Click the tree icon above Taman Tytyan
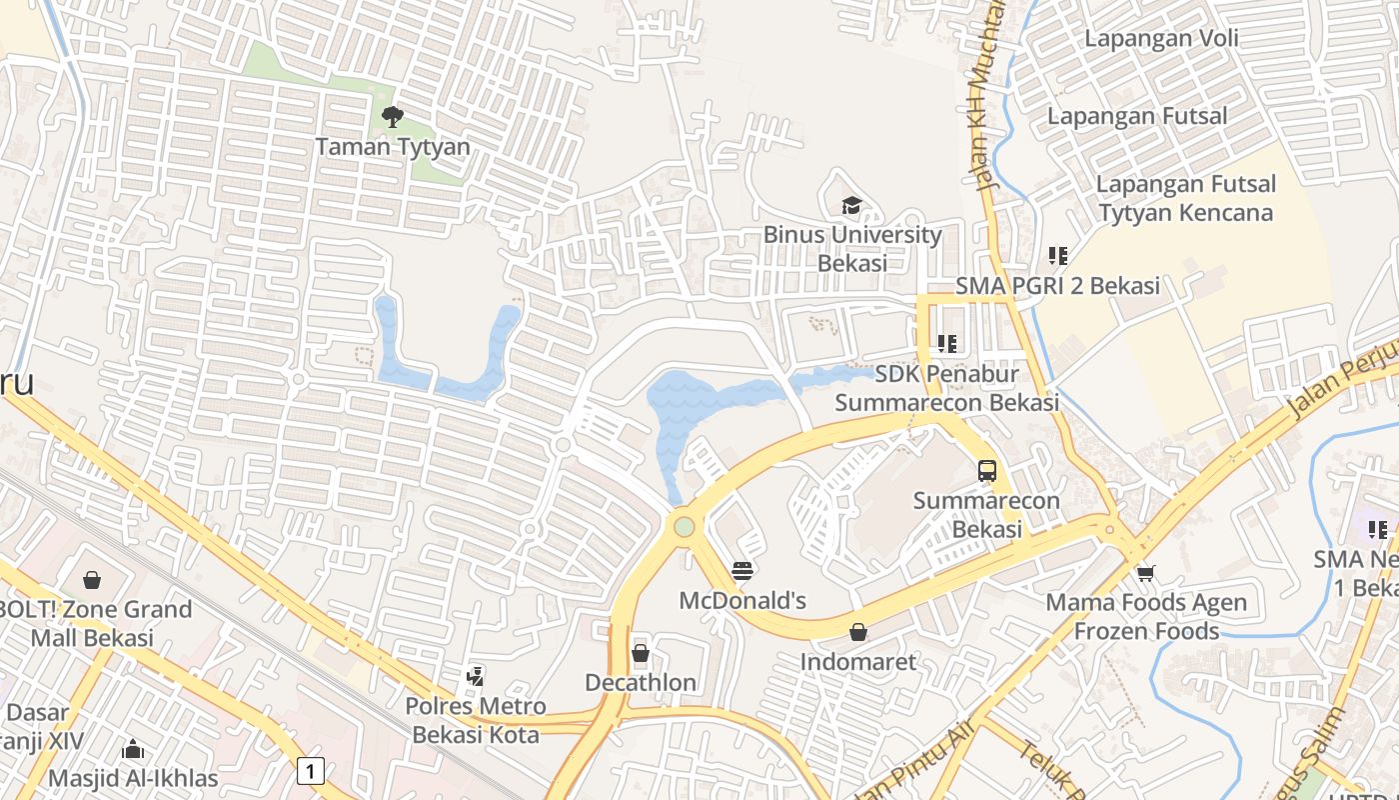393,117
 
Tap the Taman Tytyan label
393,147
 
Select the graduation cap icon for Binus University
851,206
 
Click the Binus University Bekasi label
852,249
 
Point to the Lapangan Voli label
1161,39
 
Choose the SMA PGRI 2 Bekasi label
1057,286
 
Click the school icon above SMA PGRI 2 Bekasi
1057,256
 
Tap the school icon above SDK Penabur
947,344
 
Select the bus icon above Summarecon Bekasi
987,471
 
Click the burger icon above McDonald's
741,571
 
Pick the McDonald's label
742,601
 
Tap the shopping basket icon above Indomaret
857,632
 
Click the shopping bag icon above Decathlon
641,654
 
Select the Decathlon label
641,683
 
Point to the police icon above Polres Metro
476,677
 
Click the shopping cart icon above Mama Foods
1145,573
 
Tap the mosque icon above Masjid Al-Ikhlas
132,749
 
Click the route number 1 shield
312,771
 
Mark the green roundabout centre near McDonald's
684,526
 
